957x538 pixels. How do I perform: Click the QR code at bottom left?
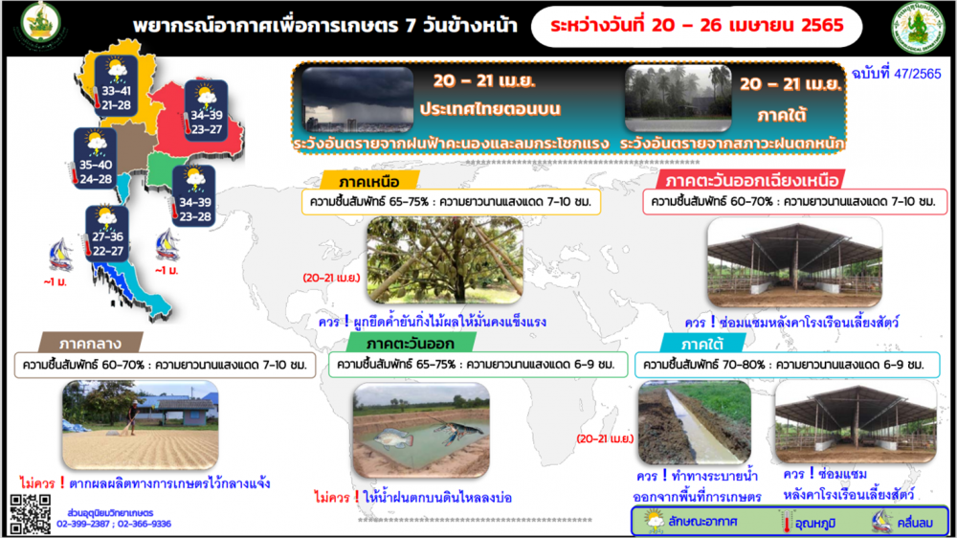30,514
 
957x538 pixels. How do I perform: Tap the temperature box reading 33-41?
116,84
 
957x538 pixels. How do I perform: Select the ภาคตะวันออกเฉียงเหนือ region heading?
751,181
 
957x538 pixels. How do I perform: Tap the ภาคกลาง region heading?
92,342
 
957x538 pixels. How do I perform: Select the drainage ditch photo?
694,422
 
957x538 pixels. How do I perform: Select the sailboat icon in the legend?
881,522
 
